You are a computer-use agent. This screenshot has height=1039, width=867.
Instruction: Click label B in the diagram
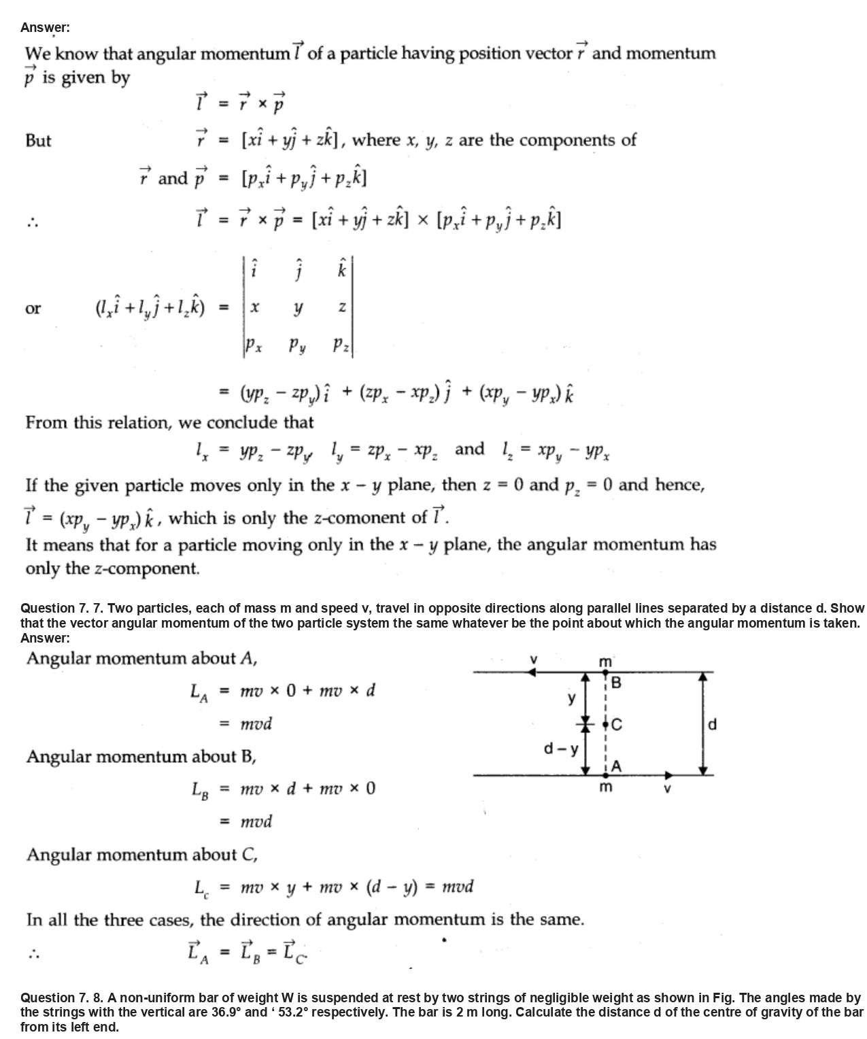(x=616, y=683)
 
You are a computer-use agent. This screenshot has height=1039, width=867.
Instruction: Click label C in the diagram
(x=616, y=725)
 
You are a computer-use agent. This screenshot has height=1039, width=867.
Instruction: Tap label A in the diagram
(x=616, y=766)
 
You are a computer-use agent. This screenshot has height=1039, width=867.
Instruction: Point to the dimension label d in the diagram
(x=712, y=724)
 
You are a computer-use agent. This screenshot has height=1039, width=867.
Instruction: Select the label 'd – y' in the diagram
(x=561, y=749)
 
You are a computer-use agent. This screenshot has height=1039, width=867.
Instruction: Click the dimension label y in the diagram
(x=571, y=698)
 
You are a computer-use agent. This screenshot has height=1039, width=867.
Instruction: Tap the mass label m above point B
(x=605, y=662)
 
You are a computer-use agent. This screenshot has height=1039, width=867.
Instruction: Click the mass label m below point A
(x=605, y=787)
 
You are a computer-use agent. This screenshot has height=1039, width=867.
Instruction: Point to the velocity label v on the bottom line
(x=667, y=789)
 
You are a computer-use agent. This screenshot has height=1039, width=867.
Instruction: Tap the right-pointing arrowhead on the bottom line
(x=669, y=774)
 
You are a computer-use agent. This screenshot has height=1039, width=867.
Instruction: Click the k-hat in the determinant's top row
(x=342, y=269)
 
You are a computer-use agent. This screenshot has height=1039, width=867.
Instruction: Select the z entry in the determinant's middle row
(x=342, y=308)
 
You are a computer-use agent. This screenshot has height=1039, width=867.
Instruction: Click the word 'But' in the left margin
(x=38, y=141)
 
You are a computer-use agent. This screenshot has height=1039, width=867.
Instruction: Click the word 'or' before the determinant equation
(x=33, y=308)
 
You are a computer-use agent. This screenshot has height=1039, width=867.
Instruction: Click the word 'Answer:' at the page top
(x=45, y=27)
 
